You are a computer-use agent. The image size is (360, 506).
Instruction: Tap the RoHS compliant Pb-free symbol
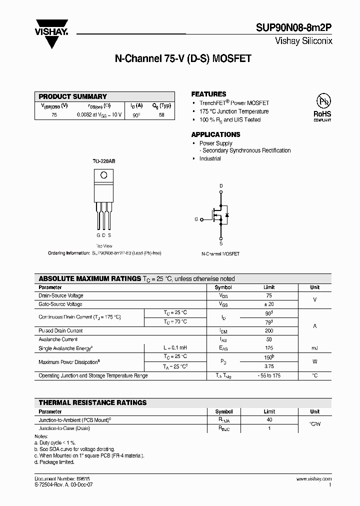click(322, 105)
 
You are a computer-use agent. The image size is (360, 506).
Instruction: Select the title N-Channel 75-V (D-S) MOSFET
click(183, 58)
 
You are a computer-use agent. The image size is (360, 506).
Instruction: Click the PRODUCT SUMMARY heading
click(73, 96)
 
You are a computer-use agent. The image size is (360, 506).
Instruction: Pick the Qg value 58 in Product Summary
click(161, 114)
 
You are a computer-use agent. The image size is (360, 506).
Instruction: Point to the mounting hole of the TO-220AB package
click(103, 175)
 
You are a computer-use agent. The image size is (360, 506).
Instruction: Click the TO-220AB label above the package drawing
click(103, 161)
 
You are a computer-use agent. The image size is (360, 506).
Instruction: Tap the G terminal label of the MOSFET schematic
click(196, 219)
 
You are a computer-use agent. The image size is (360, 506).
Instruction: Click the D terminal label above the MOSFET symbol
click(221, 185)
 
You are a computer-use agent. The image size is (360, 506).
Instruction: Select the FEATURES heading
click(208, 94)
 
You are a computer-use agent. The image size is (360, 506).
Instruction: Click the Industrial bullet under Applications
click(210, 158)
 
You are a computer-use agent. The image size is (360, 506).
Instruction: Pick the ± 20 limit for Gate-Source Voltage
click(269, 304)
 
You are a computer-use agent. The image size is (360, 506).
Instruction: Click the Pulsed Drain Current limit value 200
click(269, 330)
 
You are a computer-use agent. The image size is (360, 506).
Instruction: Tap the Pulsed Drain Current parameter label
click(60, 330)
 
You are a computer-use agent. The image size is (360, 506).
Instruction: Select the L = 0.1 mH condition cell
click(174, 347)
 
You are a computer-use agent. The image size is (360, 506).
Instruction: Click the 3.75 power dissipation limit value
click(269, 366)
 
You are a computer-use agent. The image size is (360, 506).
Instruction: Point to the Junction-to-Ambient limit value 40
click(269, 420)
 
